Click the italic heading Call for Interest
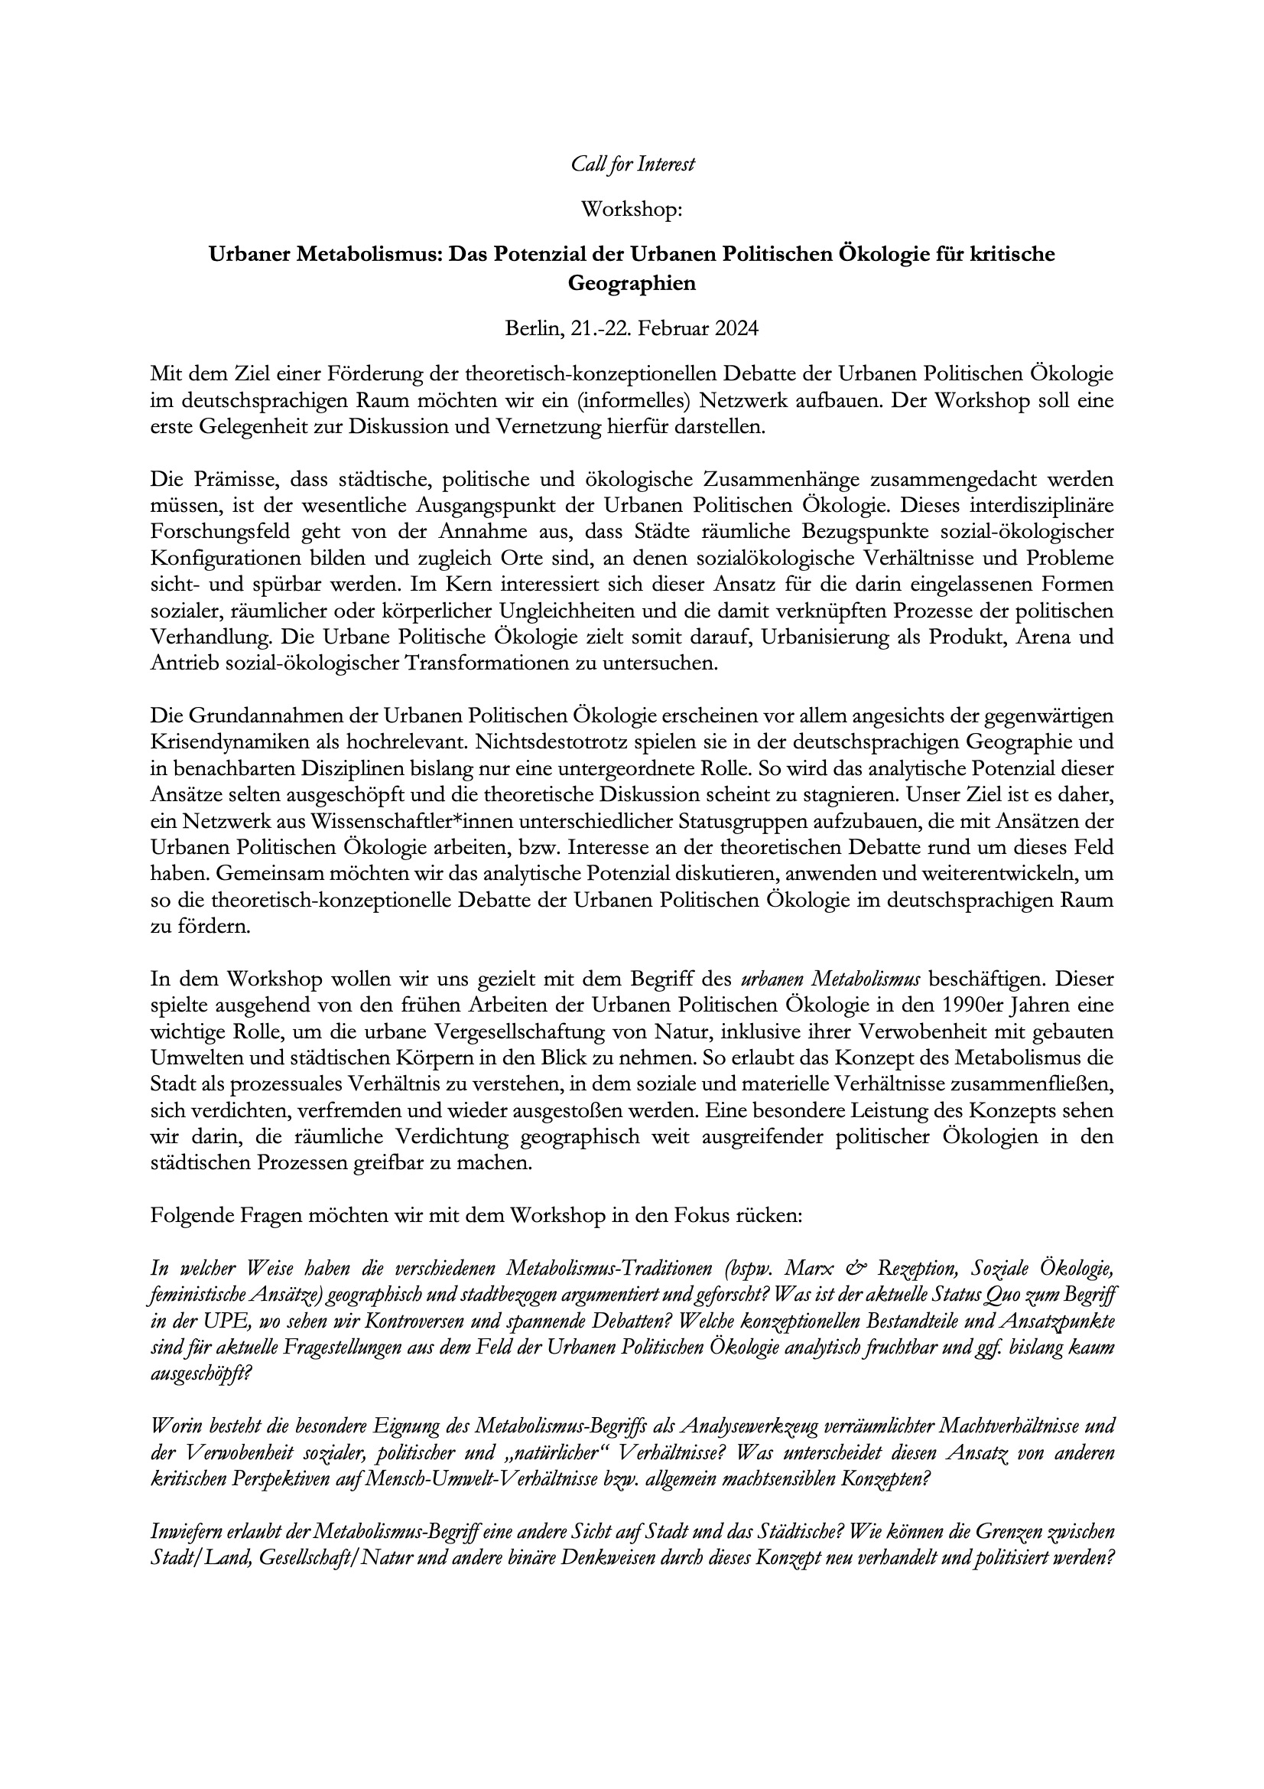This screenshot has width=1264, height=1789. point(632,165)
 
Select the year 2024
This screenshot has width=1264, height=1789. point(732,328)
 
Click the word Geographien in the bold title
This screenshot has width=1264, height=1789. point(632,284)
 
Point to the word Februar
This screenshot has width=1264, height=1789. point(668,328)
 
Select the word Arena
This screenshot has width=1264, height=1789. point(1040,637)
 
